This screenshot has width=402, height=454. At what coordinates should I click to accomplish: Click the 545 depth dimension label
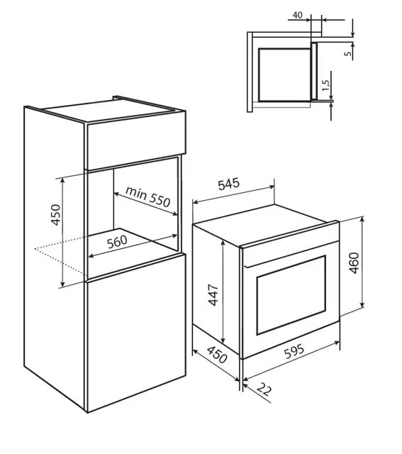tap(230, 185)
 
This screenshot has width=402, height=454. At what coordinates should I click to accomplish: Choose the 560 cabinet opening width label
tap(116, 241)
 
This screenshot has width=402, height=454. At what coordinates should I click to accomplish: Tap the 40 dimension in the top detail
tap(297, 15)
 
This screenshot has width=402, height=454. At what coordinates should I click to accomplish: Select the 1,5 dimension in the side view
tap(325, 86)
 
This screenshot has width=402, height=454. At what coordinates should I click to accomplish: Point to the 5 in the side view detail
tap(347, 53)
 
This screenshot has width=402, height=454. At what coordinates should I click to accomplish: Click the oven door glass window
tap(291, 295)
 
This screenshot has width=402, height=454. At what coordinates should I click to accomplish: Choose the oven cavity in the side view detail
tap(284, 74)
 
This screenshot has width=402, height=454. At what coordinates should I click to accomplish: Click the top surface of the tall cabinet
tap(106, 112)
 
